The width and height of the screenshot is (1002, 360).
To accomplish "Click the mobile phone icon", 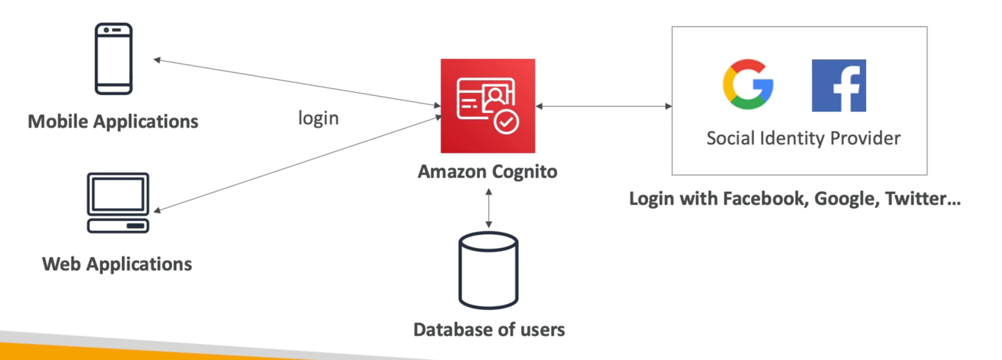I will coord(114,59).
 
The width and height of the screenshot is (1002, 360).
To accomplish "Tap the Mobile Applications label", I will coord(113,121).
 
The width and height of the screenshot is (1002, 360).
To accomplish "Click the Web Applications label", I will coord(117,264).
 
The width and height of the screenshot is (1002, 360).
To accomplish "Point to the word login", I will coord(318,119).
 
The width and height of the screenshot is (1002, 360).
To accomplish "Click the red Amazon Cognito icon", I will coord(488,105).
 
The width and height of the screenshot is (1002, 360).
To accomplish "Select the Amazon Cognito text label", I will coord(488,172).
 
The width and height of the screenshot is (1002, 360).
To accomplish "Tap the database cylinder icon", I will coord(488,271).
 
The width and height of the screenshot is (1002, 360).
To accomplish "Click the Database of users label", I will coord(489,330).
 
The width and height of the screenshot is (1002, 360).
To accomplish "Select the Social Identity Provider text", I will coord(803,139).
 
